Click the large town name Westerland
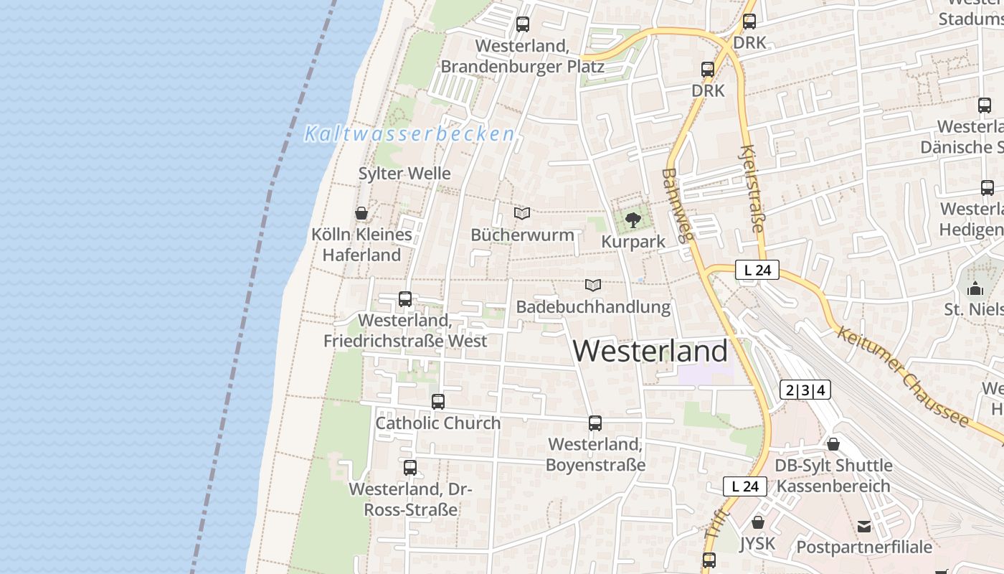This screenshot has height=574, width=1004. click(650, 351)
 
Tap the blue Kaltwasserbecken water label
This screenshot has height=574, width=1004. click(409, 134)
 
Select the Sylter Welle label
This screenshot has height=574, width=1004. click(404, 174)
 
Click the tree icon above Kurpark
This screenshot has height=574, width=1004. click(633, 220)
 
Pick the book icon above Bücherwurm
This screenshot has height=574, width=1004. click(522, 213)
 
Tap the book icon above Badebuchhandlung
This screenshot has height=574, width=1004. click(592, 285)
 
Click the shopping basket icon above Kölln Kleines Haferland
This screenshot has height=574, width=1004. click(361, 213)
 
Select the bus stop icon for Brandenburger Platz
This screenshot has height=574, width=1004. click(523, 24)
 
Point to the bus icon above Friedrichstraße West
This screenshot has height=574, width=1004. click(405, 299)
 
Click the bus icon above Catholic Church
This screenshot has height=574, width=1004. click(438, 402)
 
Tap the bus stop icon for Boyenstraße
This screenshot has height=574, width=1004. click(595, 423)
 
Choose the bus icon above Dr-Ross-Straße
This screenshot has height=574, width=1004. click(410, 468)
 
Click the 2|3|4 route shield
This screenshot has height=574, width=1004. click(805, 390)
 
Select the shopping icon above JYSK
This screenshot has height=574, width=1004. click(758, 522)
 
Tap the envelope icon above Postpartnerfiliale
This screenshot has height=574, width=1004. click(864, 527)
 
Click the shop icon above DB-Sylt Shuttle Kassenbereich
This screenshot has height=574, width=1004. click(833, 444)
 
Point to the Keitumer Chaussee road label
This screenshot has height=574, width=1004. click(903, 376)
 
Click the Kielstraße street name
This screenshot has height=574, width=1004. click(752, 188)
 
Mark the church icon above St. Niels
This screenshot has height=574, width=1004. click(975, 288)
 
